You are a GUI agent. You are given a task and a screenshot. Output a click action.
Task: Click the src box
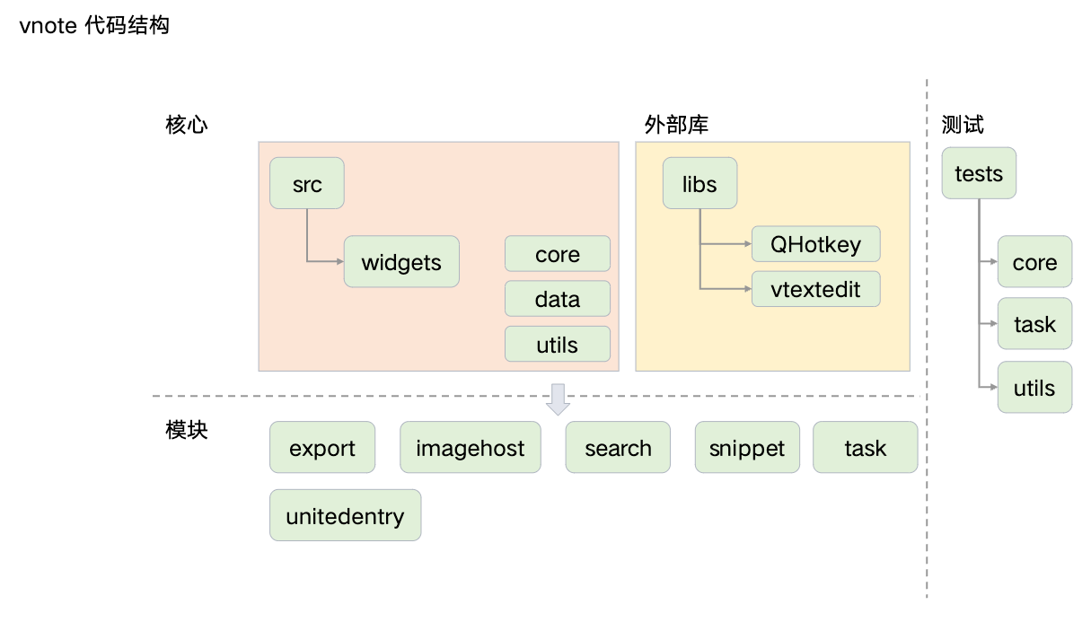[307, 183]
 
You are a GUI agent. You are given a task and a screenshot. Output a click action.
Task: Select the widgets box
[401, 262]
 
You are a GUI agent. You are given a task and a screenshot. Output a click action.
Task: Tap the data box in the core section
[558, 299]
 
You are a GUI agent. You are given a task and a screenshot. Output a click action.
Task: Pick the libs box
[699, 183]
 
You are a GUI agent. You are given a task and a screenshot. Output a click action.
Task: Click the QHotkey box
[816, 244]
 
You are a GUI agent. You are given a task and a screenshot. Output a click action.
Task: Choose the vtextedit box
[816, 289]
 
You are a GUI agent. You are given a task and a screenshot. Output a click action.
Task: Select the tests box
[979, 173]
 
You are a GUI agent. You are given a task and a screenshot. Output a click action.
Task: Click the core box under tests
[1035, 262]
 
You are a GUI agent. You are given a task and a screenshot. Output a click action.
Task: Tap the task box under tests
[1035, 324]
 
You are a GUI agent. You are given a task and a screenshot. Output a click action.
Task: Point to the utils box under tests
[1035, 388]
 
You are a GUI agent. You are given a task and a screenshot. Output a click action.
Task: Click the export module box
[322, 447]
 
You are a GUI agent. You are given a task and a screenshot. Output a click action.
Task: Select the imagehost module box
[471, 447]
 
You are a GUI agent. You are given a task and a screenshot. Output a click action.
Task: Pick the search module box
[618, 447]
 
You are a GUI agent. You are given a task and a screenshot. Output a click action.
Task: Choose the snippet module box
[747, 447]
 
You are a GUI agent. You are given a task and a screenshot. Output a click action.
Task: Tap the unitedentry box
[346, 515]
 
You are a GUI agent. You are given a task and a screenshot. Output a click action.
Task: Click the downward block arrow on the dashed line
[559, 399]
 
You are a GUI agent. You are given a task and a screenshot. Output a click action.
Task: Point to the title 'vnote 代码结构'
[94, 25]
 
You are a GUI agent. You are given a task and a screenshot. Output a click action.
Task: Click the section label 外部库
[676, 125]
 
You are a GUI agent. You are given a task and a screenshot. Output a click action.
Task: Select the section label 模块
[187, 430]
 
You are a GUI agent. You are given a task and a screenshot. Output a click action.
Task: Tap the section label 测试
[963, 125]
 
